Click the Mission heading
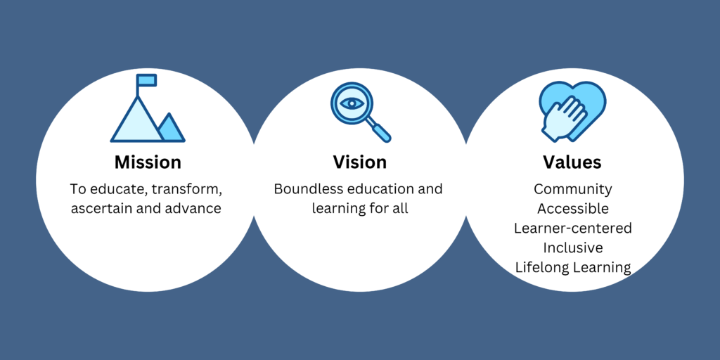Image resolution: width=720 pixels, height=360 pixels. pyautogui.click(x=148, y=162)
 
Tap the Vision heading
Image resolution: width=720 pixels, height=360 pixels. pyautogui.click(x=359, y=162)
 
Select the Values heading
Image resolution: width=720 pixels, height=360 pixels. pyautogui.click(x=572, y=162)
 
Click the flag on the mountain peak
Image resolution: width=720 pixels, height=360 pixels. pyautogui.click(x=147, y=80)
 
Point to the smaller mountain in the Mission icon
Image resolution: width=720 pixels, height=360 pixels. pyautogui.click(x=170, y=128)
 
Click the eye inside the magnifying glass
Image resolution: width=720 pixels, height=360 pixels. pyautogui.click(x=352, y=104)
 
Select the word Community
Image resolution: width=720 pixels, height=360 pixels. pyautogui.click(x=572, y=189)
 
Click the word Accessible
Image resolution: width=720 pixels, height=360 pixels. pyautogui.click(x=573, y=208)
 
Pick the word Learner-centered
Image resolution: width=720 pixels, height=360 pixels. pyautogui.click(x=572, y=228)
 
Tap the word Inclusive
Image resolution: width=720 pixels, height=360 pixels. pyautogui.click(x=572, y=247)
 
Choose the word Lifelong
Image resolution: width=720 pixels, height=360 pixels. pyautogui.click(x=541, y=268)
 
